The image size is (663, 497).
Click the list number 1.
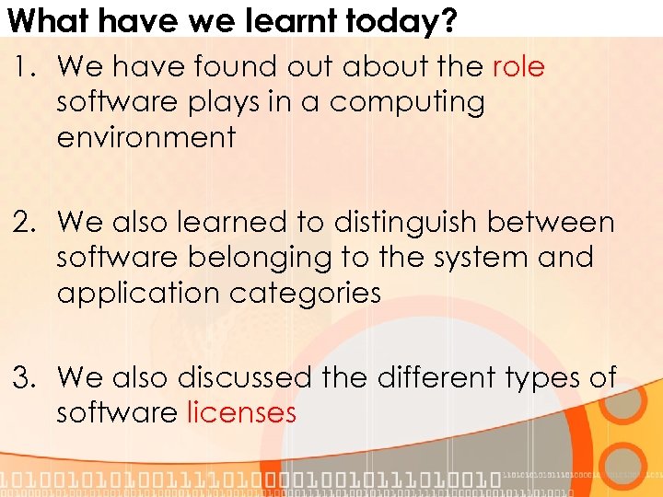23,67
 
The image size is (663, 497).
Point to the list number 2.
23,223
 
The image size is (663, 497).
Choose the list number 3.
23,378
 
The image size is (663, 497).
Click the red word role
518,67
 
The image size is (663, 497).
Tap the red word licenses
241,413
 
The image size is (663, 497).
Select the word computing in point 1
407,102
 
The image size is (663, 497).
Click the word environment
146,137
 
